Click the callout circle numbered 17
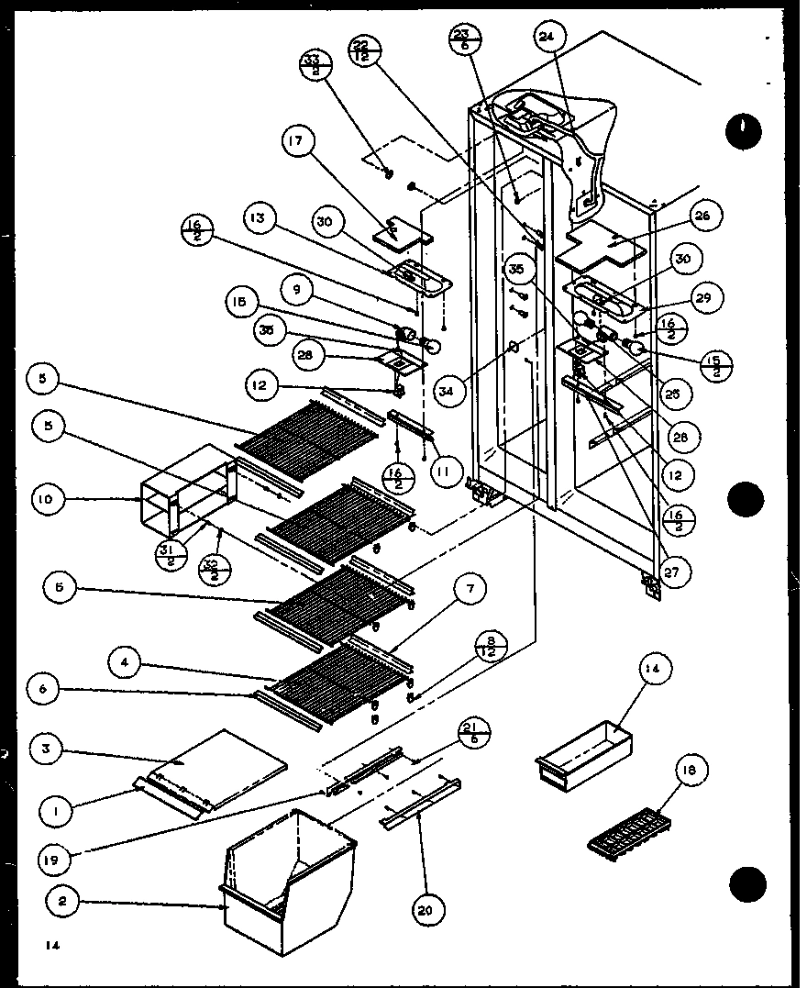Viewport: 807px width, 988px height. click(299, 142)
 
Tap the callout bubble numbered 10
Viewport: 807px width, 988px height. click(45, 500)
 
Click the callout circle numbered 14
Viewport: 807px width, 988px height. click(652, 671)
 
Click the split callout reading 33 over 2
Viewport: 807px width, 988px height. click(315, 70)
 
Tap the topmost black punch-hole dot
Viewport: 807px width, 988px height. click(743, 133)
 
